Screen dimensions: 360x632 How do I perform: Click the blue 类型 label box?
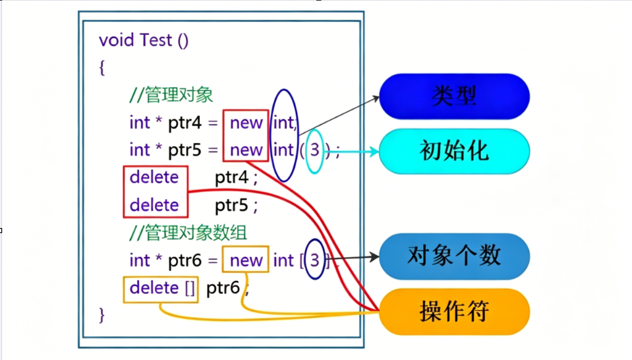454,96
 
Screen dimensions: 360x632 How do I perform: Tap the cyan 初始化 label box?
454,151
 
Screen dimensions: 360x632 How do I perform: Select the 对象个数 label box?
454,256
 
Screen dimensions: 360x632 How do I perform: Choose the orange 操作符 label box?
454,311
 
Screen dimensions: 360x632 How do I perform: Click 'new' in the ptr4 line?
246,123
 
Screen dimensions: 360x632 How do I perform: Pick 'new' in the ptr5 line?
246,150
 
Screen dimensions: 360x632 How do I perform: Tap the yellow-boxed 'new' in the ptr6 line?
246,260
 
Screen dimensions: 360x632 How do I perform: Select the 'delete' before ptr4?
154,177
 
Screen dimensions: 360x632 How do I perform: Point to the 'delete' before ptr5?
154,205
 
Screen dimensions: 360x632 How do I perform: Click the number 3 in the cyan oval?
315,150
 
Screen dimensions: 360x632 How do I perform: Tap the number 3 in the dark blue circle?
315,260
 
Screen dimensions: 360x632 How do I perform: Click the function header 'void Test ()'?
144,40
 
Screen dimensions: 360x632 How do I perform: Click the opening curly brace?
102,67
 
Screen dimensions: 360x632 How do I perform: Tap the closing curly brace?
102,315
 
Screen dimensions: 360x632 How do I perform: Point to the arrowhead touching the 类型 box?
376,97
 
